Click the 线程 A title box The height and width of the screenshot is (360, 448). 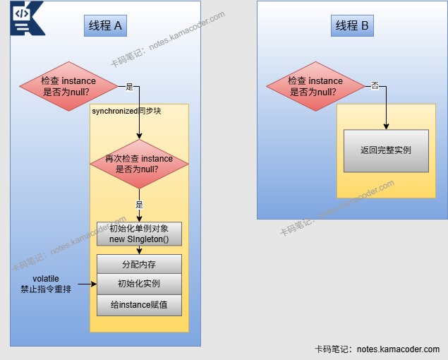pos(105,26)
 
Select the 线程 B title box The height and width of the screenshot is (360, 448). pos(352,26)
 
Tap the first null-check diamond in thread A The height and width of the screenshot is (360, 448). pos(69,87)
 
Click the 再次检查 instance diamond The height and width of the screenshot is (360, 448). pos(139,164)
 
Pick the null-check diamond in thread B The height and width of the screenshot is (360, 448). pos(315,87)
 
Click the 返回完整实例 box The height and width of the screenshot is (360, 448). pos(386,150)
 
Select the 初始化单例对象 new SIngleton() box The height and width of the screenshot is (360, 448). pos(139,234)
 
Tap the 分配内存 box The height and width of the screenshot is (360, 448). pos(139,264)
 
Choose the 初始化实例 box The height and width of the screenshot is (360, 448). pos(139,284)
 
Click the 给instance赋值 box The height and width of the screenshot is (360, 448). pos(139,305)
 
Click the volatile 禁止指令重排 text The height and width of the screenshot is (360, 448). pos(45,284)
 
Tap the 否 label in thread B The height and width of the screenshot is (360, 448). pos(375,86)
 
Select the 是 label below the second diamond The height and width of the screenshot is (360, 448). pos(139,204)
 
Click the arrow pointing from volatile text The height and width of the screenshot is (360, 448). pos(87,284)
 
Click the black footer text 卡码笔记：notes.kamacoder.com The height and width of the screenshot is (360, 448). pos(377,349)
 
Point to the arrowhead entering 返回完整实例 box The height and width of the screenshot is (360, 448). pos(386,127)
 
